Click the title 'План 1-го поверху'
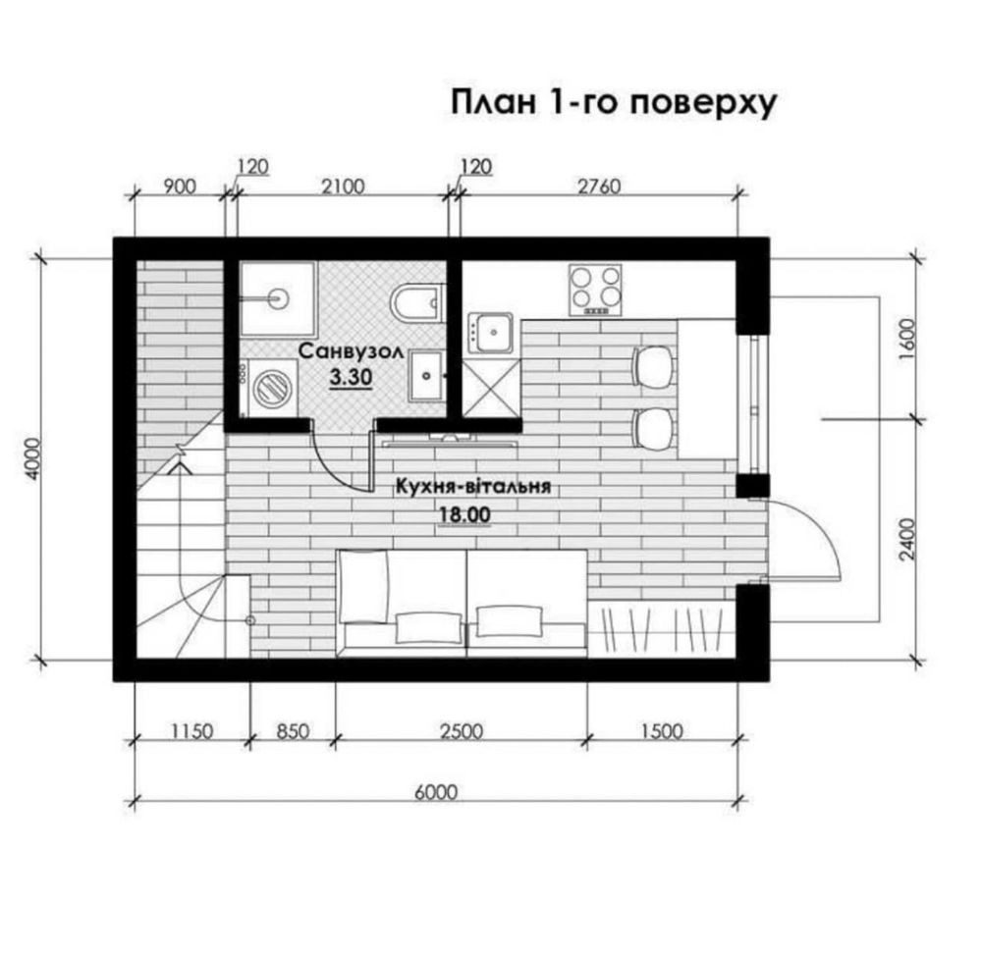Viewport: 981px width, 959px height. click(x=613, y=103)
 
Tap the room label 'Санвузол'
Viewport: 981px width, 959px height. click(x=351, y=351)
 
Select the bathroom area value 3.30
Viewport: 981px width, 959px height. click(x=351, y=377)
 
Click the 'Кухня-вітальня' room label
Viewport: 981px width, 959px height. click(x=473, y=487)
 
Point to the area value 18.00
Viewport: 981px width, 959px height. click(x=464, y=515)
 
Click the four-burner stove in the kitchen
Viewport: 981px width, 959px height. click(x=595, y=290)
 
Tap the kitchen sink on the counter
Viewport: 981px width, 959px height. click(x=492, y=332)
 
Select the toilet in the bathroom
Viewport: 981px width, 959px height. click(x=416, y=302)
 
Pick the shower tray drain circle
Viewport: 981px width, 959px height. click(x=279, y=298)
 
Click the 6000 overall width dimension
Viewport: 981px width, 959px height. click(x=436, y=792)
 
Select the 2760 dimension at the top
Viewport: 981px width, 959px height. click(x=599, y=186)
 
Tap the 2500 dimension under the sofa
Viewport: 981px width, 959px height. click(x=462, y=731)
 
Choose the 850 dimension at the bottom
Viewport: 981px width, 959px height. click(x=293, y=731)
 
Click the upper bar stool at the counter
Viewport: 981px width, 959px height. click(x=655, y=366)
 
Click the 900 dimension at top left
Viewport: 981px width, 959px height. click(x=180, y=186)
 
